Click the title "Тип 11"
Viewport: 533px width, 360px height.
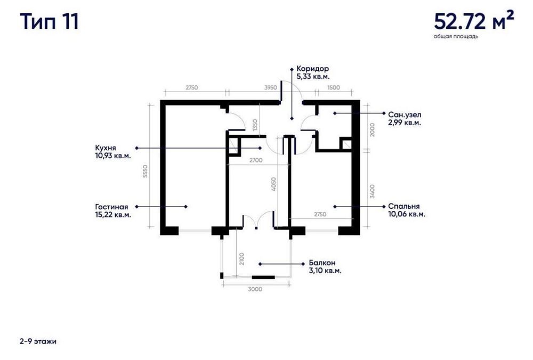tap(50, 22)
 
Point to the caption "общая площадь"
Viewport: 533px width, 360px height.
tap(456, 36)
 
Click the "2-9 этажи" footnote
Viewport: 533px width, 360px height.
tap(38, 341)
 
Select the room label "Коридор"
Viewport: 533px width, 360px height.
tap(312, 69)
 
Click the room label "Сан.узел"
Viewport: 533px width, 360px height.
tap(405, 115)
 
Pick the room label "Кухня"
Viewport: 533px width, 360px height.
tap(106, 148)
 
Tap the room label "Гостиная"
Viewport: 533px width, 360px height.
tap(111, 207)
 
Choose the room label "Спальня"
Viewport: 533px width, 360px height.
tap(404, 206)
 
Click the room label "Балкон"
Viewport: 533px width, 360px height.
tap(322, 263)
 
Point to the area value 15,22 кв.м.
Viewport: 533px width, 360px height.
tap(113, 215)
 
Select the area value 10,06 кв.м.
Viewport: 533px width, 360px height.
tap(407, 214)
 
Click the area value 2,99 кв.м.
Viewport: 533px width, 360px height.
tap(405, 123)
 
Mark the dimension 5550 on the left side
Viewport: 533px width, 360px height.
tap(145, 171)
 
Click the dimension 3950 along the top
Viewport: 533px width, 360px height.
tap(271, 88)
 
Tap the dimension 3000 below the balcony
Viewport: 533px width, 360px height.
tap(255, 289)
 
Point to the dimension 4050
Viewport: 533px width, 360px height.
tap(273, 184)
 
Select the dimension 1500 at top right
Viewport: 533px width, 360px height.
tap(334, 88)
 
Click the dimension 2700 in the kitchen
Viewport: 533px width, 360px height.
tap(256, 160)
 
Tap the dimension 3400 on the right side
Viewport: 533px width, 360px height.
tap(372, 192)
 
